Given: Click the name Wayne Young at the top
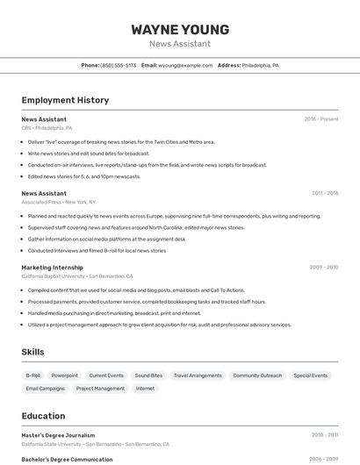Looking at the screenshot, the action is pos(180,30).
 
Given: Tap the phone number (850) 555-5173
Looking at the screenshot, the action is pos(118,65).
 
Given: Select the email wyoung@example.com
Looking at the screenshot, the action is pos(185,65).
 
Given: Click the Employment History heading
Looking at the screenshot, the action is pos(65,100).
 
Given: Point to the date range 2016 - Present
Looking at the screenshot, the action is pos(321,119).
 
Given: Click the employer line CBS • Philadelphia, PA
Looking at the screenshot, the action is pos(47,128).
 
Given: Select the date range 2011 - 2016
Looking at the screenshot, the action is pos(325,193).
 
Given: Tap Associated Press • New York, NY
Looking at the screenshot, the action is pos(59,202).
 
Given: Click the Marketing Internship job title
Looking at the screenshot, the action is pos(52,268).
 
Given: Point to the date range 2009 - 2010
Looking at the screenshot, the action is pos(324,268).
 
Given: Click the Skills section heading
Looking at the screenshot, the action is pos(33,352).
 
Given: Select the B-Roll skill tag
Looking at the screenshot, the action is pos(32,376).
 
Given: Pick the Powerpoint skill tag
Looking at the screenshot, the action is pos(64,376).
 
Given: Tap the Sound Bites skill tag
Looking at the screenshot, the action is pos(148,376).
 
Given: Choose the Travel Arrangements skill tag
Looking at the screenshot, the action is pos(198,376).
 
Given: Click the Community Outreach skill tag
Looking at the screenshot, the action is pos(257,376).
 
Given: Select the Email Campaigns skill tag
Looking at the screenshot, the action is pos(46,388).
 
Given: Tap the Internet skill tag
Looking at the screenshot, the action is pos(145,388).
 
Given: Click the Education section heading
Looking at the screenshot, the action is pos(43,416).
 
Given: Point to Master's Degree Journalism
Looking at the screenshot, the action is pos(58,435).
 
